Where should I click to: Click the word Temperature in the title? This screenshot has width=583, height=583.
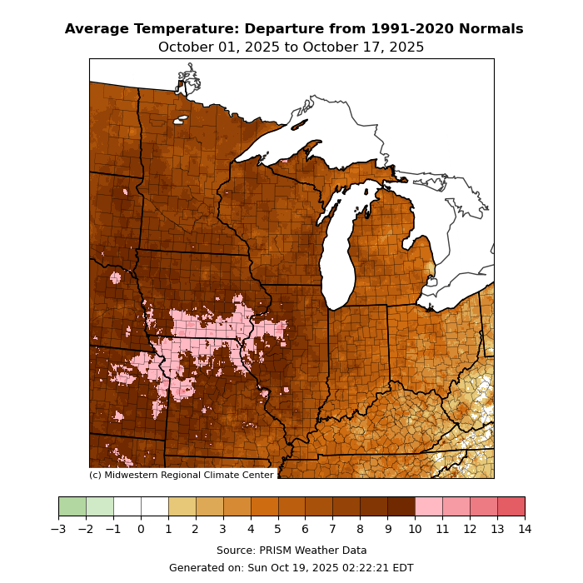(185, 29)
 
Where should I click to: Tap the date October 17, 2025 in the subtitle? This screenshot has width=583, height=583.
(364, 47)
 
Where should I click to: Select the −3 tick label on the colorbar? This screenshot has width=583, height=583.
(58, 528)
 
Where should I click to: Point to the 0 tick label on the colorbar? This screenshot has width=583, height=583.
(141, 528)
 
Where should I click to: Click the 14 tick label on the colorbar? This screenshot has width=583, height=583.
(525, 528)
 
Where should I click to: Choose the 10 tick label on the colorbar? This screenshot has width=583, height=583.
(415, 528)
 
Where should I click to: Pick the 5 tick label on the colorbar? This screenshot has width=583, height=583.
(277, 528)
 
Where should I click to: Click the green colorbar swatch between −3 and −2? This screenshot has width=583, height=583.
(72, 506)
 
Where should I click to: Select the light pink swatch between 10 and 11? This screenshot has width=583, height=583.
(428, 506)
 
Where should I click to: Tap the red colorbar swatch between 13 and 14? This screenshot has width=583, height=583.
(511, 506)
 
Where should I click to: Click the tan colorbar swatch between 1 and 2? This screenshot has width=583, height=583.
(182, 506)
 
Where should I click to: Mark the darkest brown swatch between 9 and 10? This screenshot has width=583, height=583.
(401, 506)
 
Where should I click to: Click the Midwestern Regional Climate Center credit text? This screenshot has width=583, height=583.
(182, 475)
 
